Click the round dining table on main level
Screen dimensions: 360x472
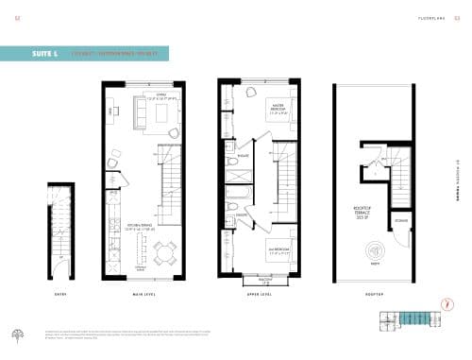[166, 252]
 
